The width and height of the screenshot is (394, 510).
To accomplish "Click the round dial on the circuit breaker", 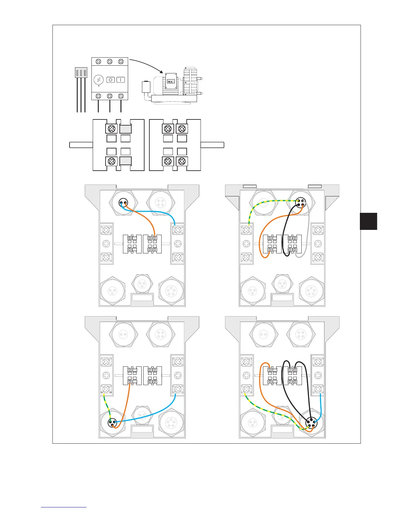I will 98,80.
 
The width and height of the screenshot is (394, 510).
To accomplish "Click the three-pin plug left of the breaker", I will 81,72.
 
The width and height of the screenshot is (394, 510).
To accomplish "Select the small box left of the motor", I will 146,87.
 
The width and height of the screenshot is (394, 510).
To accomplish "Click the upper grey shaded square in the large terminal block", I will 126,129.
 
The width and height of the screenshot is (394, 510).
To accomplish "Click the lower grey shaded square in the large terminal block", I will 126,161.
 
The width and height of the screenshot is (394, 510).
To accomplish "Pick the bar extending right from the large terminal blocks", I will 212,145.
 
